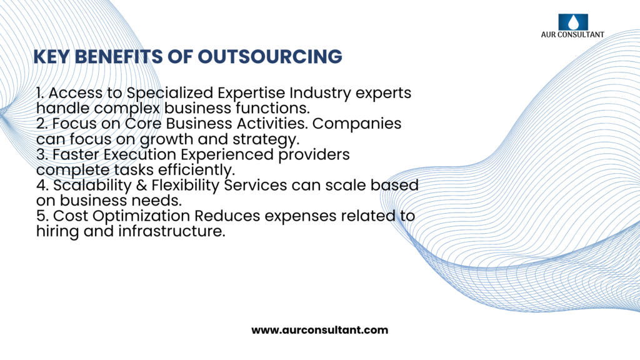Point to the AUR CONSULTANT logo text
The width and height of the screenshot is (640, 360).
573,35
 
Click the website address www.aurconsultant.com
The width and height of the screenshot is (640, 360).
320,330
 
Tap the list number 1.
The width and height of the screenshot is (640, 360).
39,93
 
